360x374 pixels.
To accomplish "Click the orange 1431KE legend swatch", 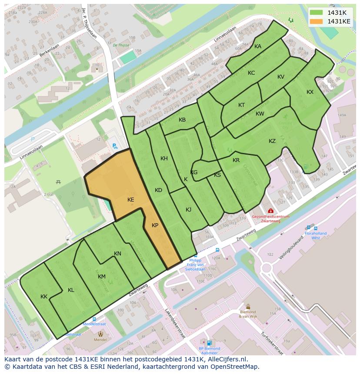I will [317, 21].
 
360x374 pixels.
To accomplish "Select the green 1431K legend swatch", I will [317, 13].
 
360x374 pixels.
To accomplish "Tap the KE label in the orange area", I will [131, 200].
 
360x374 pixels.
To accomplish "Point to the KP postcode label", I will [155, 225].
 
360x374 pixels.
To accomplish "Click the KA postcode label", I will [258, 46].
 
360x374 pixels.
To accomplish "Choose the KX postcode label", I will [310, 92].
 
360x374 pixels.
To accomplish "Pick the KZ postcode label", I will [272, 141].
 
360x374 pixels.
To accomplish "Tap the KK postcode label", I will [44, 297].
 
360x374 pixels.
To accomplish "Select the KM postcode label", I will [102, 277].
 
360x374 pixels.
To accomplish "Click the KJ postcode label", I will [189, 210].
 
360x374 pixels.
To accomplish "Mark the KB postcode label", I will [182, 120].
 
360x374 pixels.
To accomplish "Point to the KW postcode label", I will [260, 114].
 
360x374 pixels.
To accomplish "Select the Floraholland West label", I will [312, 235].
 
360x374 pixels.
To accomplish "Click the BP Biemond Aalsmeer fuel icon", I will [209, 343].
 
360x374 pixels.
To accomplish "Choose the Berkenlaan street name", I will [48, 52].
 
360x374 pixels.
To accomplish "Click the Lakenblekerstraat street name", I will [174, 324].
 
